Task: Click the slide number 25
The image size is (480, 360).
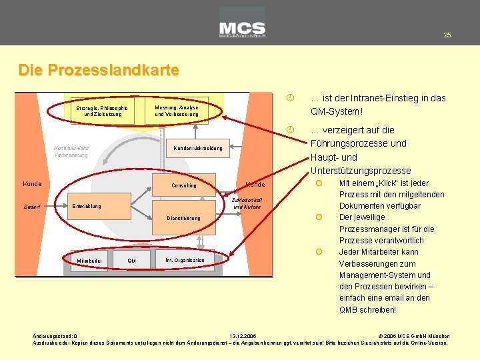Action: tap(447, 35)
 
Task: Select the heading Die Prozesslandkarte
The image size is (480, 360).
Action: tap(99, 69)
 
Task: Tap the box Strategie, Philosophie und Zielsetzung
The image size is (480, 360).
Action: tap(101, 111)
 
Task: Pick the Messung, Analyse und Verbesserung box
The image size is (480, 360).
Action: tap(176, 111)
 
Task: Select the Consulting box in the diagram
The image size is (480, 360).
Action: tap(184, 185)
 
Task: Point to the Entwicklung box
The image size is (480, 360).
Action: tap(87, 206)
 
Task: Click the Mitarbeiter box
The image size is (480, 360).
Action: tap(89, 260)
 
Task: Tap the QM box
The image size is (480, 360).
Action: tap(131, 261)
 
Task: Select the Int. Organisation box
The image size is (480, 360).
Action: tap(185, 260)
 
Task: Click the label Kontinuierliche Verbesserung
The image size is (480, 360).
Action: tap(71, 151)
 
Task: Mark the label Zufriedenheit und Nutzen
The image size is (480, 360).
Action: tap(247, 203)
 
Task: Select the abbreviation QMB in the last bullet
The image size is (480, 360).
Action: tap(349, 309)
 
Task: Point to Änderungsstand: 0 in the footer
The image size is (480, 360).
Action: tap(55, 336)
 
